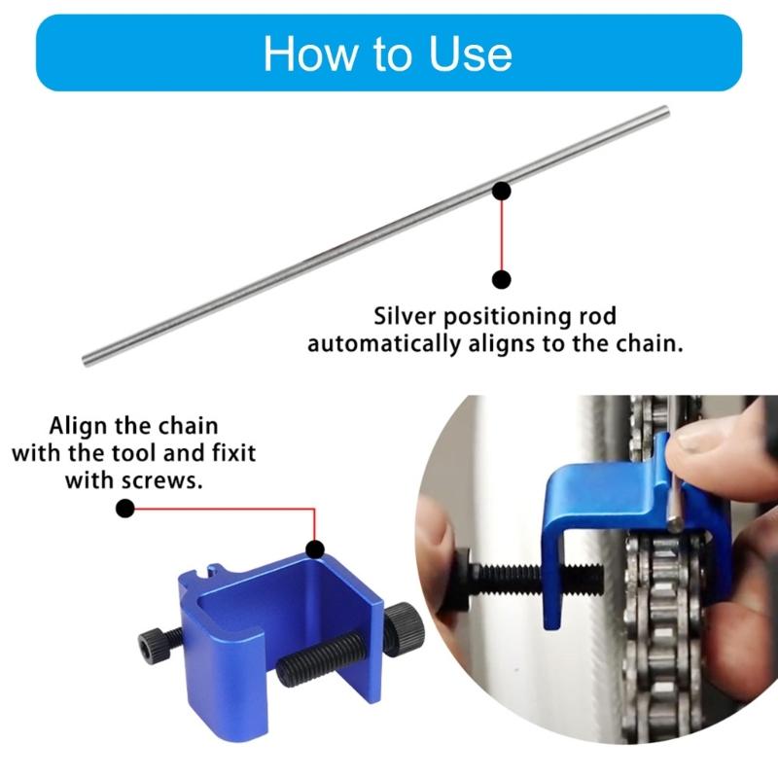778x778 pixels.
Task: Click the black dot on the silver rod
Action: (x=502, y=190)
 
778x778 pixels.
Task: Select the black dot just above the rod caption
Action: (x=502, y=280)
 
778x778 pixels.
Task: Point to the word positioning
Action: (x=532, y=317)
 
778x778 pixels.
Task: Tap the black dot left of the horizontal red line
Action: (x=124, y=508)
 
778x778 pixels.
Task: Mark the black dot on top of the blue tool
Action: (x=315, y=549)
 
